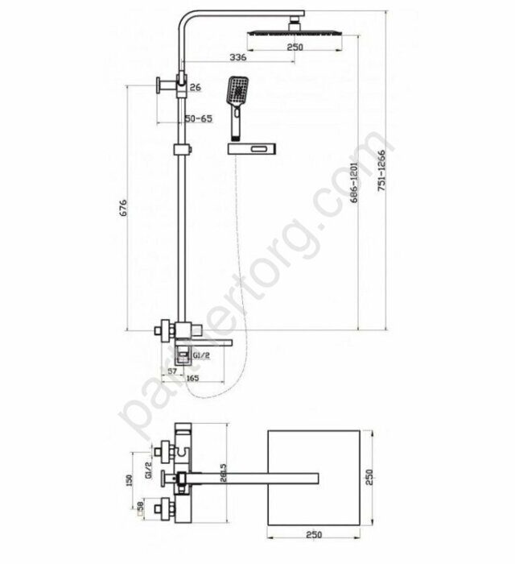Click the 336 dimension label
pyautogui.click(x=237, y=57)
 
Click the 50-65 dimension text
pyautogui.click(x=199, y=118)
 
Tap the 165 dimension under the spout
pyautogui.click(x=193, y=377)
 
